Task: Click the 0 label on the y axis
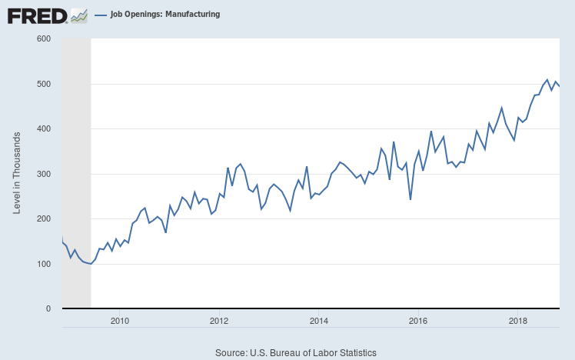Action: (x=48, y=309)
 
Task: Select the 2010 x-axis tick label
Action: (x=119, y=320)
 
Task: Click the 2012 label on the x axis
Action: (x=219, y=320)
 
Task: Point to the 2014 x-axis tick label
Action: (x=319, y=320)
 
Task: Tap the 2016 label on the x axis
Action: (x=418, y=320)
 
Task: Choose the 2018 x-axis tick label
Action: (x=518, y=320)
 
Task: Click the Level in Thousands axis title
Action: (x=17, y=173)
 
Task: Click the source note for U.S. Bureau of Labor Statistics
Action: (x=297, y=352)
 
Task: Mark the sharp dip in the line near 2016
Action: (x=410, y=199)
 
